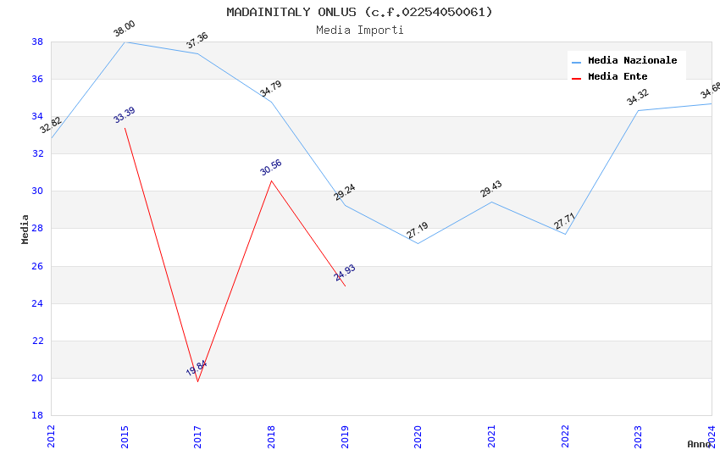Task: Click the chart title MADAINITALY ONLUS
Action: (x=359, y=12)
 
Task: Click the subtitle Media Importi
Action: (x=359, y=30)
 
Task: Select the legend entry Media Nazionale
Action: (x=632, y=61)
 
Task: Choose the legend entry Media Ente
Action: (x=617, y=76)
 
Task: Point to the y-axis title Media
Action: (x=25, y=229)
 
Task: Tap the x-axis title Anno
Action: (x=699, y=444)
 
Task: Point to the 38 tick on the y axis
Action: (x=37, y=42)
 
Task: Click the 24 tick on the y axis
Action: (x=37, y=303)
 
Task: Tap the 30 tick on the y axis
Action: (x=37, y=191)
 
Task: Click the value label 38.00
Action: (x=125, y=29)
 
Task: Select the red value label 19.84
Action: (x=197, y=369)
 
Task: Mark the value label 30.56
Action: (x=271, y=167)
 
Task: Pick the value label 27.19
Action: (x=418, y=230)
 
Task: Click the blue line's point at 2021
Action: (x=491, y=202)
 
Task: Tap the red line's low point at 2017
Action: (x=197, y=381)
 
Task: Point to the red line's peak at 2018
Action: (x=271, y=180)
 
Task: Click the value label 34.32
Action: (x=638, y=97)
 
